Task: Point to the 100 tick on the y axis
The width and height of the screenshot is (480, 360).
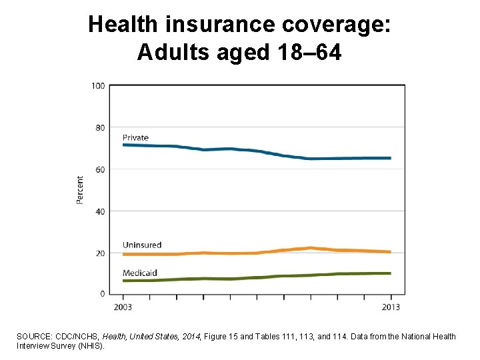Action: pyautogui.click(x=98, y=86)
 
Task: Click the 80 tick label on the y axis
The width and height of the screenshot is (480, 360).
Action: pyautogui.click(x=100, y=128)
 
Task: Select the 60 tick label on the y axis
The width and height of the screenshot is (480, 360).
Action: pyautogui.click(x=100, y=170)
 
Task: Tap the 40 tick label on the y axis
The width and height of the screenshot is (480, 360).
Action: pyautogui.click(x=100, y=211)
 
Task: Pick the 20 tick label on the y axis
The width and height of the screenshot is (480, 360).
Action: pyautogui.click(x=100, y=253)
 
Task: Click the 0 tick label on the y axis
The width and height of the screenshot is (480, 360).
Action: pyautogui.click(x=102, y=294)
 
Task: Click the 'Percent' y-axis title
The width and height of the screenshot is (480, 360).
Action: pyautogui.click(x=81, y=190)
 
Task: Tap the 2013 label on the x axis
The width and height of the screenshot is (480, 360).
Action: pyautogui.click(x=391, y=307)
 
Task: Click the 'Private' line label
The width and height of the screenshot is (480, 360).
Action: pyautogui.click(x=135, y=138)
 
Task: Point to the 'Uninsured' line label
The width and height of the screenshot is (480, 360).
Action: pyautogui.click(x=142, y=245)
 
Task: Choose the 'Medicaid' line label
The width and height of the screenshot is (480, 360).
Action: pyautogui.click(x=140, y=273)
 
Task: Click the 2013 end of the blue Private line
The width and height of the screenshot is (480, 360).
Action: pyautogui.click(x=390, y=158)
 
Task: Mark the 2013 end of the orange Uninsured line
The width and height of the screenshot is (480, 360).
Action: pyautogui.click(x=390, y=252)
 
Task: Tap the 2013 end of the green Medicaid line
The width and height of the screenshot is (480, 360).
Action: pyautogui.click(x=390, y=273)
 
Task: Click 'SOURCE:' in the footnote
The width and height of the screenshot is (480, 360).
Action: pyautogui.click(x=35, y=337)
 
